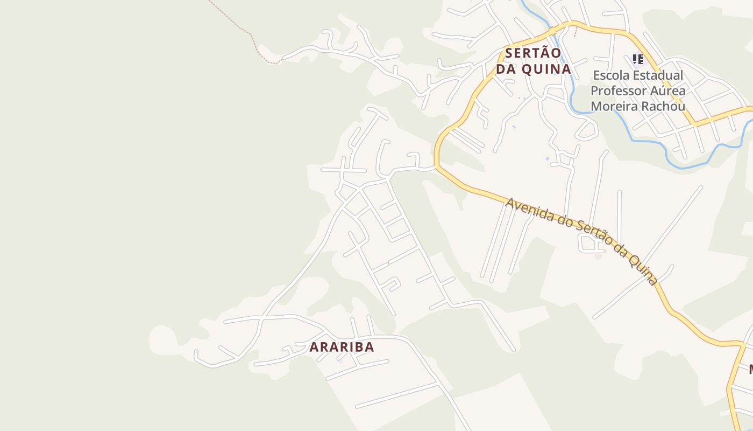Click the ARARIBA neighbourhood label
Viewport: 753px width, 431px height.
342,347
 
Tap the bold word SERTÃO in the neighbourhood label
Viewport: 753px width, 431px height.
533,53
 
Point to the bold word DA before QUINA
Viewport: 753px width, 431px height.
507,69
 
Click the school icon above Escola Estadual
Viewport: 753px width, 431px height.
638,59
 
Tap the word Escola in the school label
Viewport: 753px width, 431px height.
612,75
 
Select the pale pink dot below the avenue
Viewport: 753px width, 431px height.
598,255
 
